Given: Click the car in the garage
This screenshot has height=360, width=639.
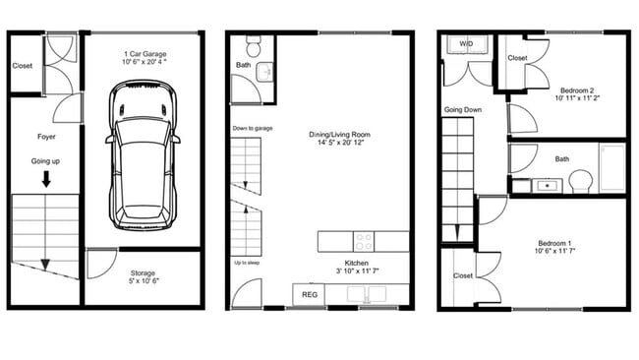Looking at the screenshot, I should pos(144,154).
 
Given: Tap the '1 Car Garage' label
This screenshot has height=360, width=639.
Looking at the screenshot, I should pos(145,54).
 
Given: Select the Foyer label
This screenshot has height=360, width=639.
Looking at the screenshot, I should pos(45,137).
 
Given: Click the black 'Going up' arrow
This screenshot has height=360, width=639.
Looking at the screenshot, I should pos(45,180).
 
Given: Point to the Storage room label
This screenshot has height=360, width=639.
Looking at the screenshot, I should pos(144,278).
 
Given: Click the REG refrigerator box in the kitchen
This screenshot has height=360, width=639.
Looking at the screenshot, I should pos(310,294).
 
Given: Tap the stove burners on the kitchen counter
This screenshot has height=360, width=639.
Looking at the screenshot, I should pos(365,240).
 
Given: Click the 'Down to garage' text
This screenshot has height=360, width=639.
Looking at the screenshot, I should pos(253,129).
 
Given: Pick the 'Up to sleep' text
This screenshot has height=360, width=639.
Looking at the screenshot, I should pos(247,264).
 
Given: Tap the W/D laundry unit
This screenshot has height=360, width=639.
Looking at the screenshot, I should pos(465,43).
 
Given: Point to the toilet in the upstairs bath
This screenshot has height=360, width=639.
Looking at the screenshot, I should pos(580,182).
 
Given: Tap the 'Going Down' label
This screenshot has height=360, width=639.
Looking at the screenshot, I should pos(461,109).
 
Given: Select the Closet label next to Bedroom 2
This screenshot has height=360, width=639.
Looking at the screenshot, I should pos(517,57).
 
